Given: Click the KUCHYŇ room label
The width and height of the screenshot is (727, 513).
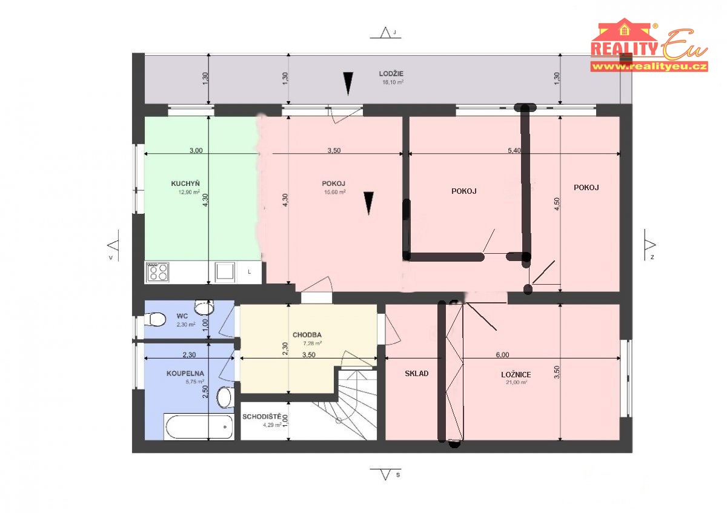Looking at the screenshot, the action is (x=185, y=184).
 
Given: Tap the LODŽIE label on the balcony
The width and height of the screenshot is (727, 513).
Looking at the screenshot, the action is (x=391, y=74).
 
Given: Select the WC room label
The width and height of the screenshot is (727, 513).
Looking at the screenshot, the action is (x=182, y=316).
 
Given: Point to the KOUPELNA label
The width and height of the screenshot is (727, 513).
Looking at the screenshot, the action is (x=185, y=374).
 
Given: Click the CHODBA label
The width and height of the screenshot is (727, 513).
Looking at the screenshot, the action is (x=307, y=335).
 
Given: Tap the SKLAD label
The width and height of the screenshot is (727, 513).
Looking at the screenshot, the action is (x=416, y=374).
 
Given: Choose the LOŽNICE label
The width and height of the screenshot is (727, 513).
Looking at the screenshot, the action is (x=516, y=375).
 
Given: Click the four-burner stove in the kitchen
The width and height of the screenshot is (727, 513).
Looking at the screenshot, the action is (x=158, y=272).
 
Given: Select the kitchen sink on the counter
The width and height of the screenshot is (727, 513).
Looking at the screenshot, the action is (x=224, y=271).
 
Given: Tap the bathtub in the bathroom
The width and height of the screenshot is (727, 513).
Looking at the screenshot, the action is (x=199, y=426).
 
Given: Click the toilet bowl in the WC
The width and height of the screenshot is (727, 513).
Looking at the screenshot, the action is (x=155, y=319).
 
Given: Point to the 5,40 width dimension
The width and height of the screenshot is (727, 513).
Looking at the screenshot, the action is (x=514, y=151).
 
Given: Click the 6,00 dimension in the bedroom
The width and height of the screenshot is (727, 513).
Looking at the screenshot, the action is (x=502, y=355).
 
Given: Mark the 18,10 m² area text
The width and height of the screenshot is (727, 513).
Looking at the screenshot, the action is (x=393, y=82).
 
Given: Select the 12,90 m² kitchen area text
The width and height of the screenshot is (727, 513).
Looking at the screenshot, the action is (x=189, y=192).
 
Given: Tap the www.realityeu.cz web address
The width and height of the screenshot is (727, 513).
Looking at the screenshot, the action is (x=649, y=67).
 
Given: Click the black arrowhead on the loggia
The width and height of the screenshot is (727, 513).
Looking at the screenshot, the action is (x=348, y=84).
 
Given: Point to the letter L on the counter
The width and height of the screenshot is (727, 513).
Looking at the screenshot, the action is (x=249, y=272).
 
